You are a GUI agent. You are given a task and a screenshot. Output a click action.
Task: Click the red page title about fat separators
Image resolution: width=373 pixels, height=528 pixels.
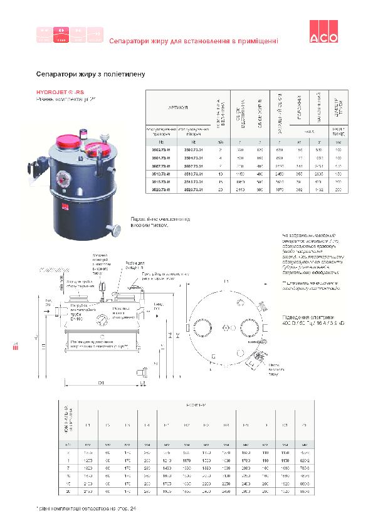click(x=193, y=41)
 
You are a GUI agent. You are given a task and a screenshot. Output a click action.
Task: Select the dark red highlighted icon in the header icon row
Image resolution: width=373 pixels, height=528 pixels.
click(x=61, y=35)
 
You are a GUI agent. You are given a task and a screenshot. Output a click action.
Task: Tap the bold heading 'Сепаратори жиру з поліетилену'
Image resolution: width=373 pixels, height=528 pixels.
click(x=90, y=74)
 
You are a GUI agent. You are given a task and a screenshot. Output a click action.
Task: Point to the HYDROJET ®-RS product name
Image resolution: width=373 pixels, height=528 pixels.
click(x=60, y=92)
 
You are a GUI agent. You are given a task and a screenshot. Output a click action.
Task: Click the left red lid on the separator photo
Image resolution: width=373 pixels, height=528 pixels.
click(x=67, y=145)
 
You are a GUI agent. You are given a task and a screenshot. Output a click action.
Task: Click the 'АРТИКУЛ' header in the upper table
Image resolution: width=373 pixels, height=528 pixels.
click(x=179, y=108)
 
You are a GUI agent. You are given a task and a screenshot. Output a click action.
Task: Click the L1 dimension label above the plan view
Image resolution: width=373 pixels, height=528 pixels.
click(x=226, y=281)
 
